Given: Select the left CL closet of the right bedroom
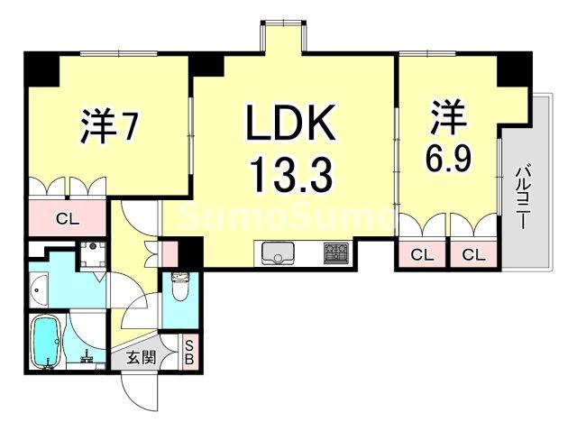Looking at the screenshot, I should point(422,255).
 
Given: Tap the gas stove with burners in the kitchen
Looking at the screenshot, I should point(336,253).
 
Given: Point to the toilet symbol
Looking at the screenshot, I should point(179,288).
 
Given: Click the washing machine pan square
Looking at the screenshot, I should point(93,255).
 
